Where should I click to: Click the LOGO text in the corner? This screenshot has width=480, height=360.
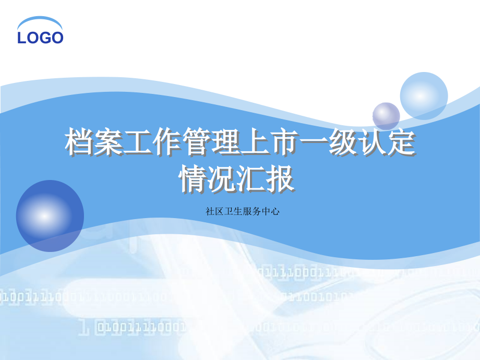coord(40,38)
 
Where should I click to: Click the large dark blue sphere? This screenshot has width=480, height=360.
coord(50,216)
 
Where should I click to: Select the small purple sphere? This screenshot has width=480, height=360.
coord(386,116)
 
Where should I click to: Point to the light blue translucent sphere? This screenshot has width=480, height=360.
coord(424,96)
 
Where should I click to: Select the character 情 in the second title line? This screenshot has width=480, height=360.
coord(193,178)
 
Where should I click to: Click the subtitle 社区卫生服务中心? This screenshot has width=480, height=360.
coord(243,211)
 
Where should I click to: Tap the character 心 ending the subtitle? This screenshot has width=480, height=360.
coord(275,211)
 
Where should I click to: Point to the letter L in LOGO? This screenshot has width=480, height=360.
coord(21,38)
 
